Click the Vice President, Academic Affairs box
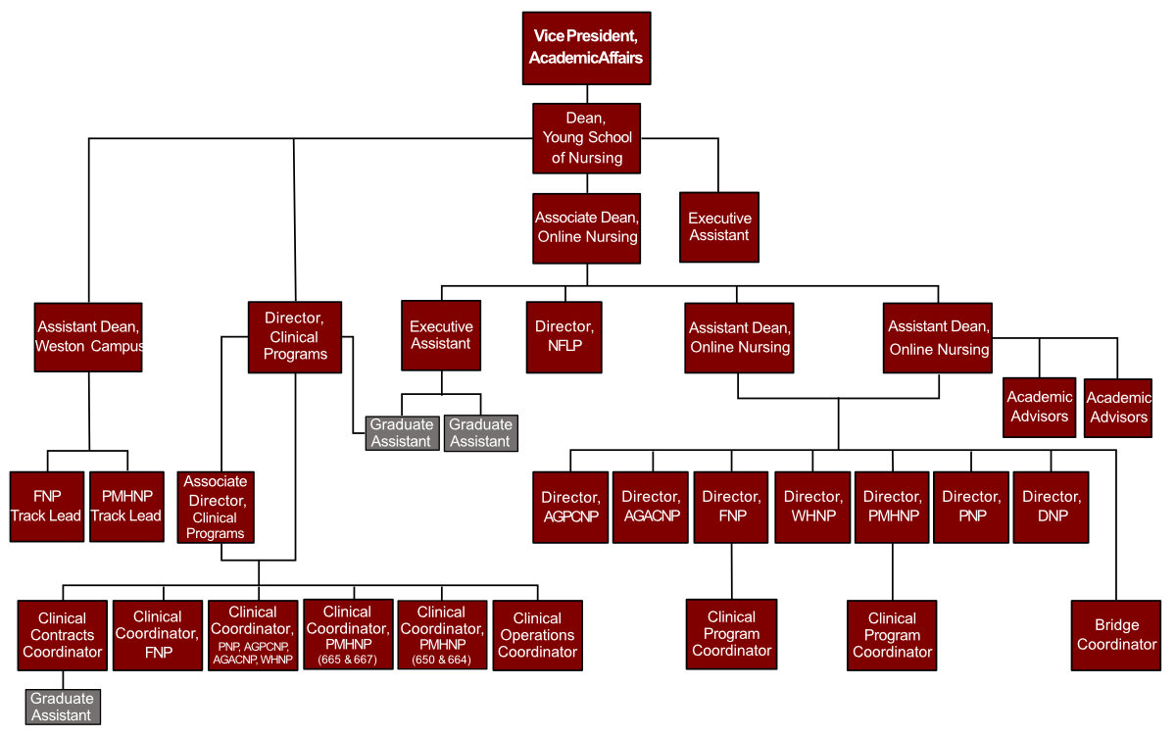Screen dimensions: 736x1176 (x=586, y=48)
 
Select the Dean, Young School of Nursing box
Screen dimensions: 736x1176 (x=586, y=138)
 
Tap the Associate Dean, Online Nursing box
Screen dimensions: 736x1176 (x=586, y=227)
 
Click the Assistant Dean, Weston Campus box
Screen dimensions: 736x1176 (x=88, y=337)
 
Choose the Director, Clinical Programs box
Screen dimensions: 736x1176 (x=295, y=336)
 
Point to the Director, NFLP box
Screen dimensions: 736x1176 (x=564, y=336)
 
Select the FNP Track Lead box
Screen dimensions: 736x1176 (x=46, y=507)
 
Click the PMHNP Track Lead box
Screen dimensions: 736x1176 (x=125, y=507)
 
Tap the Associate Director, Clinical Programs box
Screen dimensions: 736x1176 (x=216, y=507)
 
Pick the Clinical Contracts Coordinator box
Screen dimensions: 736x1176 (x=63, y=635)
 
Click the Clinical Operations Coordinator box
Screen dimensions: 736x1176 (x=537, y=635)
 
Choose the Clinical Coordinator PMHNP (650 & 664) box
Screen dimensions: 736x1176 (x=441, y=635)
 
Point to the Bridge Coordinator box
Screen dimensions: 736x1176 (x=1116, y=635)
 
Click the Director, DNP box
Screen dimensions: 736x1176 (x=1051, y=507)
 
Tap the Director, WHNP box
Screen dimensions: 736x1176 (x=812, y=507)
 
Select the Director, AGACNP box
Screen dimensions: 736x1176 (x=650, y=507)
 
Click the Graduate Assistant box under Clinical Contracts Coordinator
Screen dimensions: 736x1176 (x=63, y=707)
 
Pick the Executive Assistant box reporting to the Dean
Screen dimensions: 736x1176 (x=718, y=227)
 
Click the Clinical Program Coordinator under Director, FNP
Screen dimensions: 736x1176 (x=731, y=634)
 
